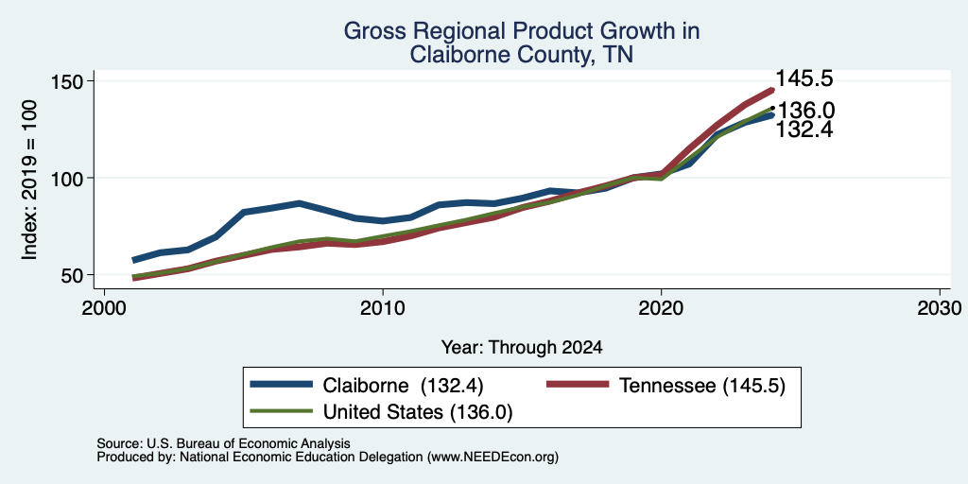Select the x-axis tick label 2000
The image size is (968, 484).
tap(104, 307)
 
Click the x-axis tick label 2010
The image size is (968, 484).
tap(383, 307)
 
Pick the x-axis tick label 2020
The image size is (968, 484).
tap(661, 307)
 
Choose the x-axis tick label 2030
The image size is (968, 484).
tap(940, 307)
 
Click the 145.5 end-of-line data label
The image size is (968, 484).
tap(804, 78)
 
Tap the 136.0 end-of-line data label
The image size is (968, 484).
tap(805, 112)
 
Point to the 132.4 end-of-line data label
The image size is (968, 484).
tap(804, 130)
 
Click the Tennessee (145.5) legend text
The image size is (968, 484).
tap(702, 386)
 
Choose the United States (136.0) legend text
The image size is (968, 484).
tap(418, 412)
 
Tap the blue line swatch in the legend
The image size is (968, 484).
tap(281, 385)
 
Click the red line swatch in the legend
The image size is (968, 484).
tap(578, 385)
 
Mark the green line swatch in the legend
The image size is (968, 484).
tap(281, 411)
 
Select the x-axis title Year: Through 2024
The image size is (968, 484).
tap(522, 348)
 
